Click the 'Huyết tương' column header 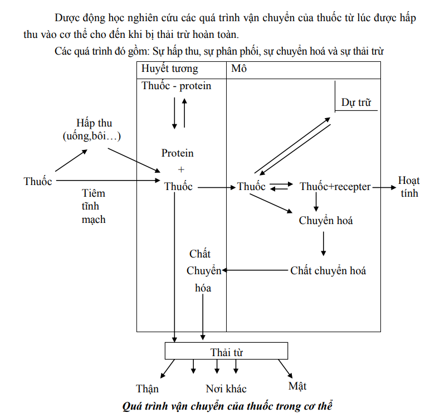pyautogui.click(x=169, y=69)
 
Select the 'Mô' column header pyautogui.click(x=239, y=69)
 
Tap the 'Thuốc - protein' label pyautogui.click(x=176, y=86)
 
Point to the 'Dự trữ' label pyautogui.click(x=356, y=103)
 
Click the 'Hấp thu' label pyautogui.click(x=94, y=123)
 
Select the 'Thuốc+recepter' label pyautogui.click(x=335, y=187)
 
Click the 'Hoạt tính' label pyautogui.click(x=409, y=187)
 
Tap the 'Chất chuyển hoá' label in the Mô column pyautogui.click(x=328, y=271)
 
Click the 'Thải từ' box pyautogui.click(x=226, y=351)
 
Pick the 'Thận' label pyautogui.click(x=148, y=389)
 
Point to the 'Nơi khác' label pyautogui.click(x=226, y=389)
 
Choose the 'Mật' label pyautogui.click(x=297, y=386)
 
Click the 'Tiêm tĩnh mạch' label pyautogui.click(x=94, y=206)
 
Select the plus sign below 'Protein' pyautogui.click(x=181, y=169)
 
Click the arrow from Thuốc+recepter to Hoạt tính pyautogui.click(x=384, y=187)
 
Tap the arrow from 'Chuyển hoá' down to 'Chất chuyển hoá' pyautogui.click(x=324, y=244)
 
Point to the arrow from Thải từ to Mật pyautogui.click(x=285, y=369)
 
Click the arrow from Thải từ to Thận pyautogui.click(x=168, y=369)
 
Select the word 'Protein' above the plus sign pyautogui.click(x=177, y=153)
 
